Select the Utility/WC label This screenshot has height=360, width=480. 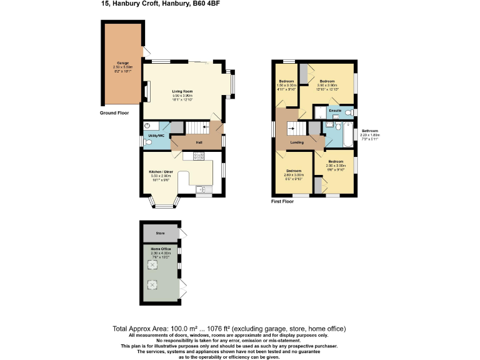(x=156, y=136)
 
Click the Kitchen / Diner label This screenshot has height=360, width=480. (x=161, y=172)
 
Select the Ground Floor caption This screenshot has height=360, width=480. (x=114, y=113)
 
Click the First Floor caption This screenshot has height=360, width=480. (x=282, y=202)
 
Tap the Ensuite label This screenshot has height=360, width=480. (x=334, y=111)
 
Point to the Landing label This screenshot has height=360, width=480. (x=297, y=142)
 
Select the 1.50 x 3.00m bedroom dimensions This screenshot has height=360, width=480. (x=286, y=86)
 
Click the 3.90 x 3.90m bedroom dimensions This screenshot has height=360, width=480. (x=328, y=86)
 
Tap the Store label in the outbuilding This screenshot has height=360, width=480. (x=161, y=234)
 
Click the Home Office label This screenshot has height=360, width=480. (x=161, y=249)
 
